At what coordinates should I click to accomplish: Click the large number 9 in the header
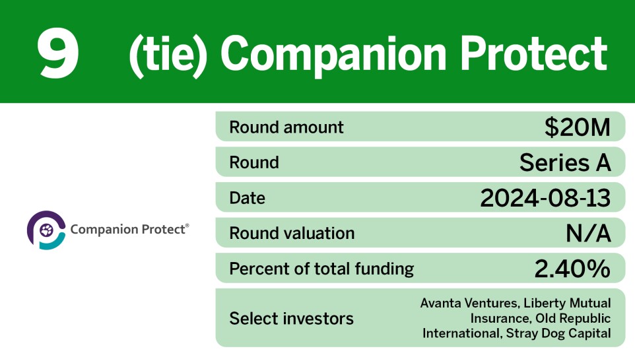[58, 53]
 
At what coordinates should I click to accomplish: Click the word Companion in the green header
[321, 53]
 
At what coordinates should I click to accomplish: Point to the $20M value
[578, 127]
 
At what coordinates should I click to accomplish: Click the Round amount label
[286, 127]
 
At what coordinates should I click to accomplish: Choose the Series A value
[565, 162]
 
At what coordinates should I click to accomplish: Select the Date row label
[247, 198]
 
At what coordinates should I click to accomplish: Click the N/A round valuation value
[588, 233]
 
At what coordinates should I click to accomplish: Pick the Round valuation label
[292, 233]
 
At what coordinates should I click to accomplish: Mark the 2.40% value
[572, 269]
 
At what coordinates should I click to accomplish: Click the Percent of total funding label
[321, 269]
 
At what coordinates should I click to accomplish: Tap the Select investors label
[291, 319]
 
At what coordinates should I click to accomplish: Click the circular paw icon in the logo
[46, 230]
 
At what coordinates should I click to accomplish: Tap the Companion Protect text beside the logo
[129, 230]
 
